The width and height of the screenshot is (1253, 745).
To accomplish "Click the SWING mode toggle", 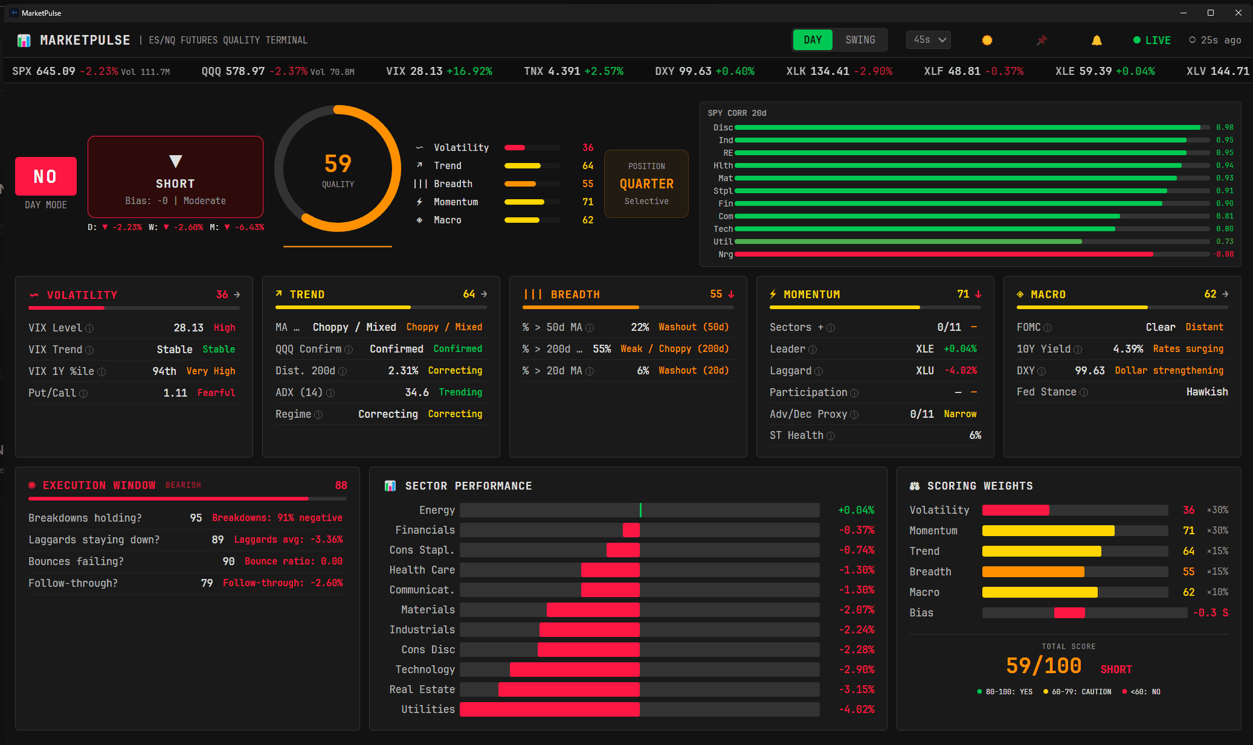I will point(860,40).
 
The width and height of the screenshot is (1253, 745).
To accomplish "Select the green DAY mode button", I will point(813,40).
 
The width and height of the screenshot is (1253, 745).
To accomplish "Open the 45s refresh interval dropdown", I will point(929,40).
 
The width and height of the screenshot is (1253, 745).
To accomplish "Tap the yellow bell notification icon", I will point(1097,40).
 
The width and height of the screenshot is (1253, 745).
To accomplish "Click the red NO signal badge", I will point(46,176).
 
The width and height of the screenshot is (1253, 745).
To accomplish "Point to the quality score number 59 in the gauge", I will point(338,164).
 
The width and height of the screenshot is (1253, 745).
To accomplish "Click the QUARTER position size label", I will point(646,184).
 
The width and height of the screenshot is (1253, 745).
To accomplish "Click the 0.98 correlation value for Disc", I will point(1225,127).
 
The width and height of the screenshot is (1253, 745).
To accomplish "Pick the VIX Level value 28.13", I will point(188,328).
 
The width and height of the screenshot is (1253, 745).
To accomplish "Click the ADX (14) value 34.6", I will point(417,392).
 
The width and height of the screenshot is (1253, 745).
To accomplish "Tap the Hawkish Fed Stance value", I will point(1206,392).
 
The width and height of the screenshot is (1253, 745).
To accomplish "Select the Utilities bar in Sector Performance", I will point(550,709).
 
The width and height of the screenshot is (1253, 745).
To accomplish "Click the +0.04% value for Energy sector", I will point(856,510).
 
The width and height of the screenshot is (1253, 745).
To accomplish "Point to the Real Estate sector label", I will point(422,689).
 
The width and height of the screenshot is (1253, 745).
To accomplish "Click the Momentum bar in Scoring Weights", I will point(1048,531).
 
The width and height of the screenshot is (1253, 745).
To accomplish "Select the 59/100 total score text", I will point(1043,666).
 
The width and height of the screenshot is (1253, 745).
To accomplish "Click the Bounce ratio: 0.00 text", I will point(294,561).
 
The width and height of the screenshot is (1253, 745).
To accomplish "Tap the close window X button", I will point(1239,13).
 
